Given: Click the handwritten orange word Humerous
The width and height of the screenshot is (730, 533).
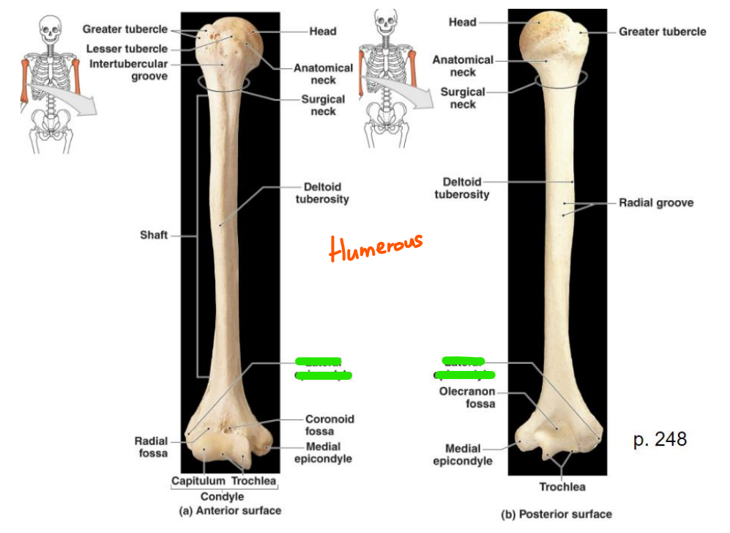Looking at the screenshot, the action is coord(376,247).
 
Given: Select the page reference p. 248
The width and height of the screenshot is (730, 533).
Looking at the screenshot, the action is coord(660,439).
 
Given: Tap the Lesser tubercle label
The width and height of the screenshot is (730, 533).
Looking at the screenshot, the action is coord(127,48).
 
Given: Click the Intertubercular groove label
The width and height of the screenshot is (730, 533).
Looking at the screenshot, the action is coord(129,70).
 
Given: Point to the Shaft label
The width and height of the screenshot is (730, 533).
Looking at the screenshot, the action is coord(154,235).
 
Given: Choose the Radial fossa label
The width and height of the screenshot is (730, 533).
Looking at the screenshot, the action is coord(151,447).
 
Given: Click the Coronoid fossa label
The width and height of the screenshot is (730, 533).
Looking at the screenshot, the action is coord(329,424).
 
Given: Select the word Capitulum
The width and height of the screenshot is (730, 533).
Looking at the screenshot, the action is coord(197,481).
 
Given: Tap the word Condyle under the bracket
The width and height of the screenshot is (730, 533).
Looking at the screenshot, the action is coord(223,496).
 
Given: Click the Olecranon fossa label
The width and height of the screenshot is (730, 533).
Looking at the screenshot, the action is coord(467,397).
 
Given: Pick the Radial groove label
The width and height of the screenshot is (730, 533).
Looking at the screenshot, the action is coord(655,202).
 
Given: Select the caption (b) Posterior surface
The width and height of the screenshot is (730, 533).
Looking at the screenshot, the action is coord(556,514).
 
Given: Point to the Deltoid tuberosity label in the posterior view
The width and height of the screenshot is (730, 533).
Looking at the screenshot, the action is coord(461,188).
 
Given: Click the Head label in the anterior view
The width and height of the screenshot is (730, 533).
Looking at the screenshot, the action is coord(322,32).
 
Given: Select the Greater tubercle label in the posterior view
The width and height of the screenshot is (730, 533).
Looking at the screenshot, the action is coord(662,32).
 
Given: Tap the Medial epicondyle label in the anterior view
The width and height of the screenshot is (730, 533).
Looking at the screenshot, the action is coord(323,452).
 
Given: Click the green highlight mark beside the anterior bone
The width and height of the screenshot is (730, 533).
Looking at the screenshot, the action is coord(322,368).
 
